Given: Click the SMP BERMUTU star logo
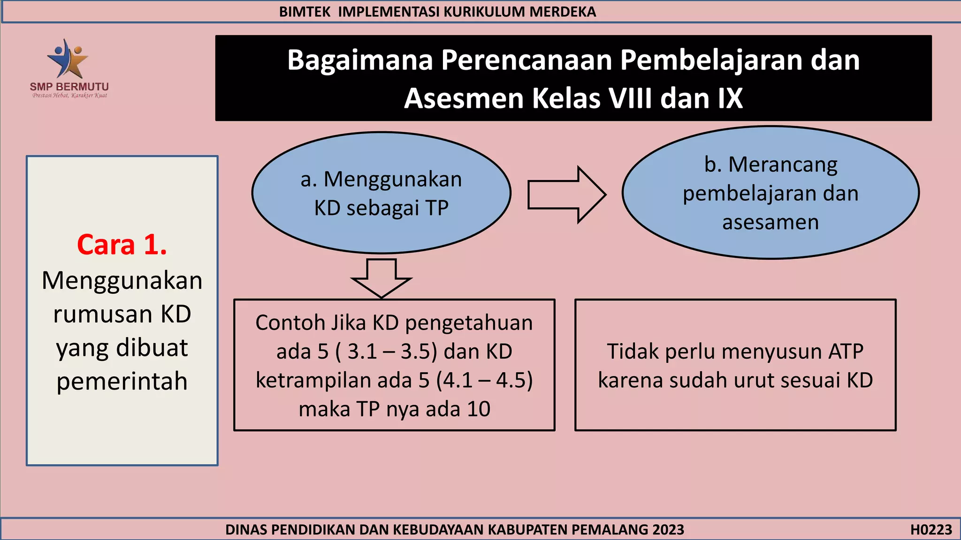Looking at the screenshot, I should pos(69,59).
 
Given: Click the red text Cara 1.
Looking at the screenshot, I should pos(122,245).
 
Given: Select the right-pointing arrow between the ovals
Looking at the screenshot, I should pos(566,195).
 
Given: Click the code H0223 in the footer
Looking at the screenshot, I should pos(931,530).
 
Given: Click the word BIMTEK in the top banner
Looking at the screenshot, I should pos(305,12).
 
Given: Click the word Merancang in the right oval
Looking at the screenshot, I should pos(783,165).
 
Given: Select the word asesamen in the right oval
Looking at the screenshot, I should pos(770,222).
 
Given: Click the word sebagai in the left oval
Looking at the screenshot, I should pos(383,208).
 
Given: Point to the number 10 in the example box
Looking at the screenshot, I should pos(478,409).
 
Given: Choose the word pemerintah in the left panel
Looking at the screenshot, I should pos(122,381).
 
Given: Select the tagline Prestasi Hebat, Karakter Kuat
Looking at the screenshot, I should pos(69,96).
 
